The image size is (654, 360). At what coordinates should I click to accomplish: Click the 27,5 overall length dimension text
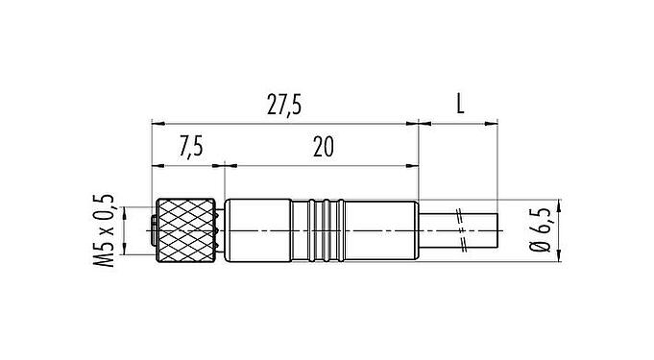point(285,107)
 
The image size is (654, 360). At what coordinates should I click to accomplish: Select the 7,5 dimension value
point(190,147)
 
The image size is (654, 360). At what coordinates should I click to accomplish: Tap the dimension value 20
point(323,147)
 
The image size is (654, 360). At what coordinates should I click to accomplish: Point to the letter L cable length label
point(460,107)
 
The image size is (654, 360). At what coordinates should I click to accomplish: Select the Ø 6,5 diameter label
point(543,231)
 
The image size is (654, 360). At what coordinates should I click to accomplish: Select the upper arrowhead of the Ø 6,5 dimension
point(557,205)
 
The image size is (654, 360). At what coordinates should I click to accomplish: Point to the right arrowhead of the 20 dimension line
point(414,163)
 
